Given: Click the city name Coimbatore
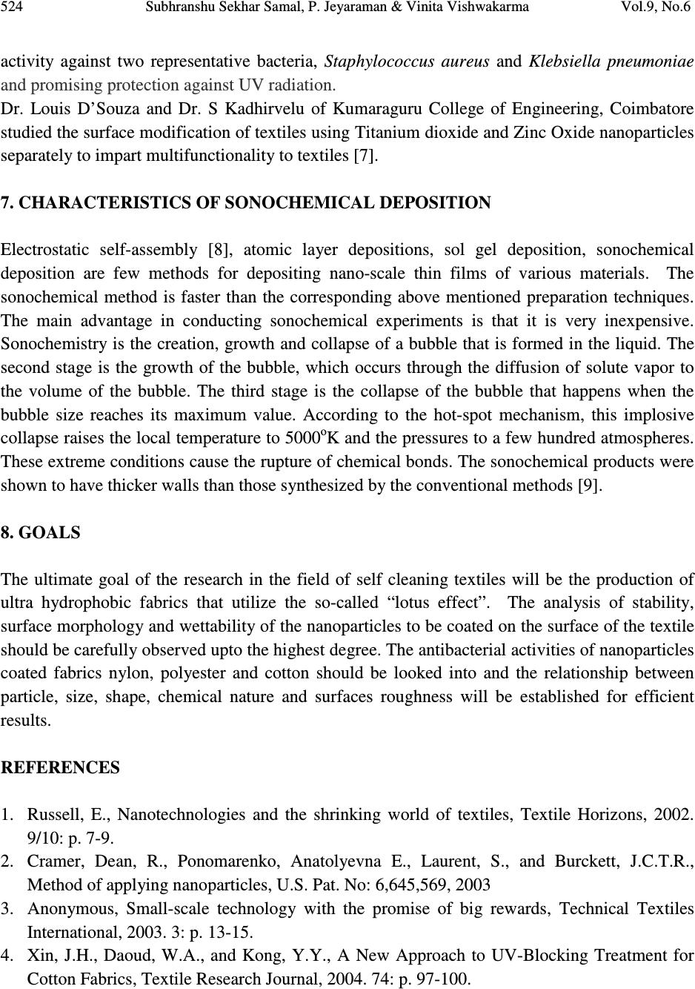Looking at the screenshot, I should click(x=653, y=110).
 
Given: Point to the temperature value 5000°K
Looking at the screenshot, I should click(x=312, y=438).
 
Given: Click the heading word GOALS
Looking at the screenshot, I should click(x=49, y=532).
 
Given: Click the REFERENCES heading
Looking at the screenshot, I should click(x=60, y=767).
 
